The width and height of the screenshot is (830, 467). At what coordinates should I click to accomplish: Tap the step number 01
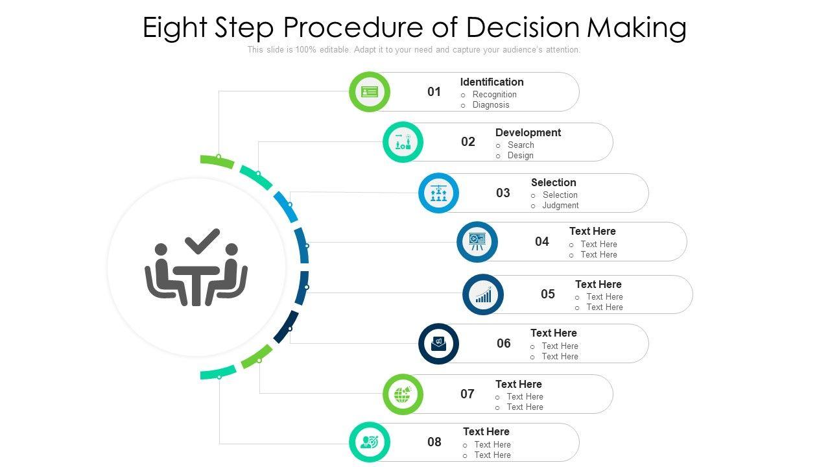[x=434, y=92]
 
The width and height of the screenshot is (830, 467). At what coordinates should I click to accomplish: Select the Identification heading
[x=492, y=82]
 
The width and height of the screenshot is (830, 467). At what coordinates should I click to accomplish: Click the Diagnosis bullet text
[x=491, y=105]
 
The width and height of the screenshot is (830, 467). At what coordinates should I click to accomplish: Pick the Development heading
[x=528, y=132]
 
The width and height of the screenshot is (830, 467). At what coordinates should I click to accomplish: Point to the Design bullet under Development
[x=520, y=156]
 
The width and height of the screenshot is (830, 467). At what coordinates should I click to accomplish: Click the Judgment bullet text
[x=560, y=206]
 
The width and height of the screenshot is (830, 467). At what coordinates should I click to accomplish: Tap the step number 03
[x=503, y=193]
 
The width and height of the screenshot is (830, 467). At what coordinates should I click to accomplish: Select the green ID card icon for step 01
[x=370, y=92]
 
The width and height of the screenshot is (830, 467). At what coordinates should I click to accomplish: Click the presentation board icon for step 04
[x=477, y=242]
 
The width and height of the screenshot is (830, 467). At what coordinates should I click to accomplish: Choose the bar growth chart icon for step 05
[x=483, y=295]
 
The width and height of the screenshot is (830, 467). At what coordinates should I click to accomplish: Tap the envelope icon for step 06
[x=439, y=344]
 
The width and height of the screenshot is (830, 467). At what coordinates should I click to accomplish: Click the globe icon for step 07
[x=403, y=394]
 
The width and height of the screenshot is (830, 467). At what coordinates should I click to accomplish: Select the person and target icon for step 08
[x=370, y=442]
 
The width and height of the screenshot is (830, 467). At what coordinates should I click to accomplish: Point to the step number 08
[x=434, y=442]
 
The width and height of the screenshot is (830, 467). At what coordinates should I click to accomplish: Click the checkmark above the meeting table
[x=202, y=241]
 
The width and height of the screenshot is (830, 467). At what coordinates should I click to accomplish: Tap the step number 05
[x=548, y=294]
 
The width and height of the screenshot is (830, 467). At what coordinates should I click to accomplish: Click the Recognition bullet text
[x=494, y=95]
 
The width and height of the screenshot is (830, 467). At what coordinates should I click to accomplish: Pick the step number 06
[x=504, y=344]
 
